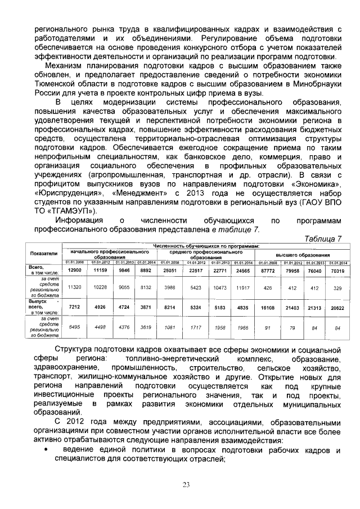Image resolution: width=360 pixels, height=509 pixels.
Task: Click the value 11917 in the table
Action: tap(242, 287)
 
